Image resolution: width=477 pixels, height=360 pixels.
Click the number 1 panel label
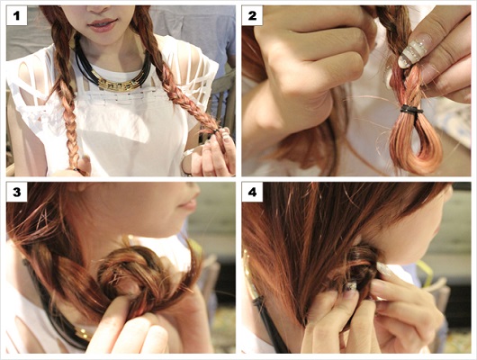[17, 15]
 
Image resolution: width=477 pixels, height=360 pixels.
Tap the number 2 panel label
[252, 15]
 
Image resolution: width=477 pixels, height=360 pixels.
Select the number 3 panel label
[17, 192]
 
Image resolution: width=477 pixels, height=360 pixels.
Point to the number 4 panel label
[252, 192]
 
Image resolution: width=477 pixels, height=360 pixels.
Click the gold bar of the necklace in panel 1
[120, 84]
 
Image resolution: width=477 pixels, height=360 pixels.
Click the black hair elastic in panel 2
[411, 109]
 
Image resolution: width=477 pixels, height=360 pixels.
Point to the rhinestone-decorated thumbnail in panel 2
[414, 51]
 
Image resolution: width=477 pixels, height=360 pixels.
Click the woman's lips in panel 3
[188, 201]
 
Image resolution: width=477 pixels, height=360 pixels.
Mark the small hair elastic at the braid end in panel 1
[216, 131]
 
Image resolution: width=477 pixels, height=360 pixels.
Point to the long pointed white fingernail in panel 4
[384, 269]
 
